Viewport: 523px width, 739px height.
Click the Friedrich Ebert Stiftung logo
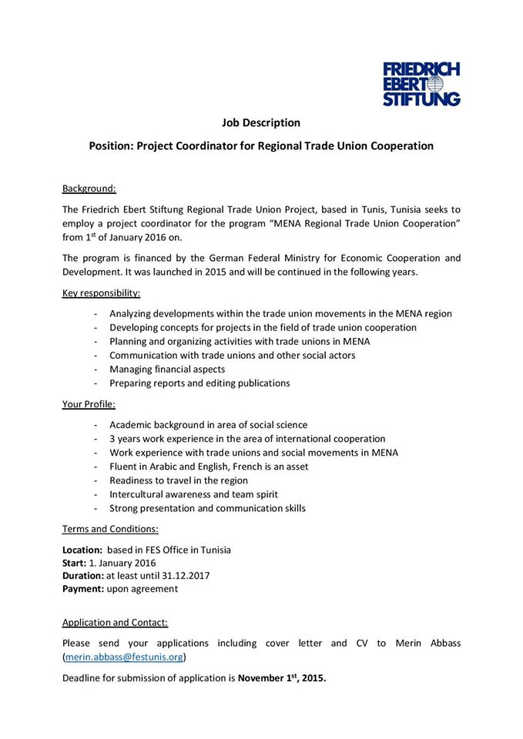pos(421,84)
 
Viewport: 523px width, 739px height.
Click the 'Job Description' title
pos(261,122)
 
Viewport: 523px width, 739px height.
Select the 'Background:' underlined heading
pos(89,188)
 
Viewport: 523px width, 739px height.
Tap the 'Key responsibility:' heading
pos(101,293)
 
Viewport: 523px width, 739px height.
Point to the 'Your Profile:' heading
pos(89,403)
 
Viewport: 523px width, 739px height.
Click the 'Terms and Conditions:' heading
pos(110,529)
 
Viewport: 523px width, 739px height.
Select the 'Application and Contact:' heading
pos(115,622)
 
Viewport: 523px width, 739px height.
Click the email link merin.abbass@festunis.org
pos(124,657)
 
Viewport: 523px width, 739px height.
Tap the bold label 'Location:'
pos(82,550)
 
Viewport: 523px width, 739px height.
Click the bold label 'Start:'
pos(75,563)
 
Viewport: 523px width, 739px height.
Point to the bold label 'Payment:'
pos(83,588)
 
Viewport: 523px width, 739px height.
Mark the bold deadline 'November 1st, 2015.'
pos(282,678)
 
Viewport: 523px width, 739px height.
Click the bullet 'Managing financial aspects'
pos(167,369)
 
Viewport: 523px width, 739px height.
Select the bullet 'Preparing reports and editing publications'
pos(199,383)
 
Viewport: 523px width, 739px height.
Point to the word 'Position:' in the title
pos(111,145)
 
